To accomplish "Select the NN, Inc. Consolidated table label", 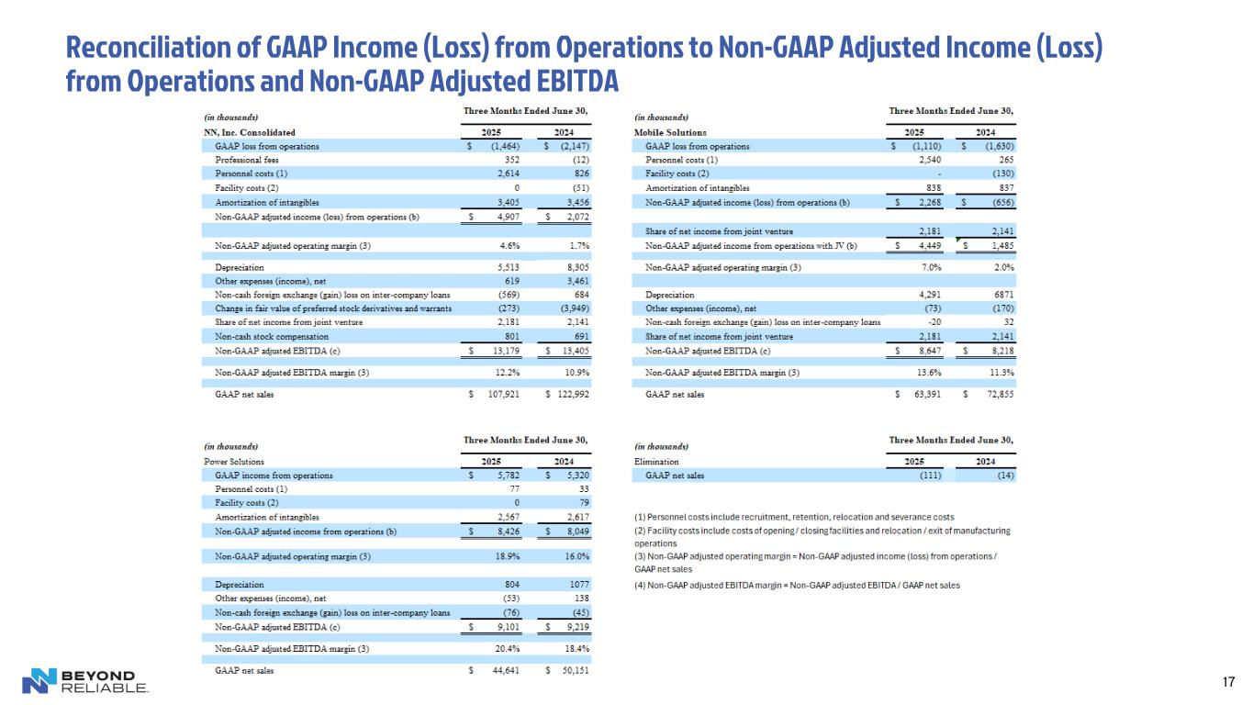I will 249,132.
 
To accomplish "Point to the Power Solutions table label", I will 233,462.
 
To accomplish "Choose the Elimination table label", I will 656,462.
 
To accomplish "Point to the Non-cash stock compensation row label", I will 271,337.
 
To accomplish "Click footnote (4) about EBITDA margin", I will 797,585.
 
